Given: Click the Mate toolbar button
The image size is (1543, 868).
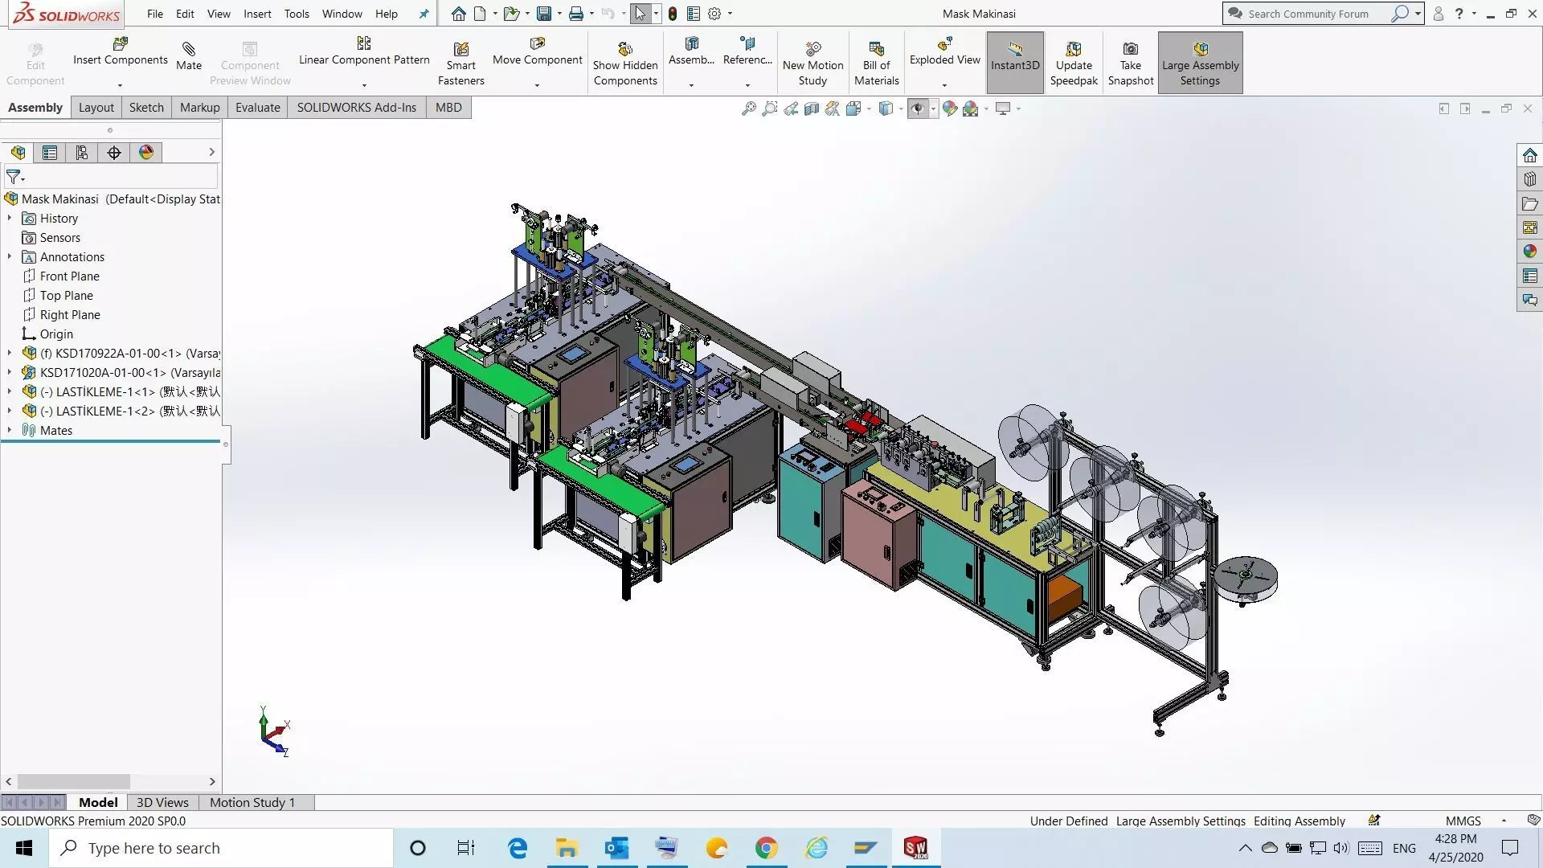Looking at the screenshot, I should point(189,56).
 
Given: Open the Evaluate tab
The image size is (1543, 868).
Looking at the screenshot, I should point(257,108).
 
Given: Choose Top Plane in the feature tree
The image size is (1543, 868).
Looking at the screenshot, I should point(66,296).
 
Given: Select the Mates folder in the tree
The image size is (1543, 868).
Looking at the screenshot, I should point(55,431).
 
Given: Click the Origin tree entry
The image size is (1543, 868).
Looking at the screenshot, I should point(56,334).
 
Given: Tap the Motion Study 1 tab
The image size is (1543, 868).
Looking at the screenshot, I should point(252,802).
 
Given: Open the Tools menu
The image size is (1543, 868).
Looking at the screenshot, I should point(296,14).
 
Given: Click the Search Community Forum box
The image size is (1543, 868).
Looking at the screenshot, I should point(1310,14).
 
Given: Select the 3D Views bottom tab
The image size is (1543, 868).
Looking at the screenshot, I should point(162,802).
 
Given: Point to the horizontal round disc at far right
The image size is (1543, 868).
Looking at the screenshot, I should point(1245,577).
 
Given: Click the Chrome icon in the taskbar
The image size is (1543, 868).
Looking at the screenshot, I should point(766,848).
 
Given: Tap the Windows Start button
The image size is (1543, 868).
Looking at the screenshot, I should point(24,848).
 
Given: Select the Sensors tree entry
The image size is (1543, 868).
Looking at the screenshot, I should point(59,238).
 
